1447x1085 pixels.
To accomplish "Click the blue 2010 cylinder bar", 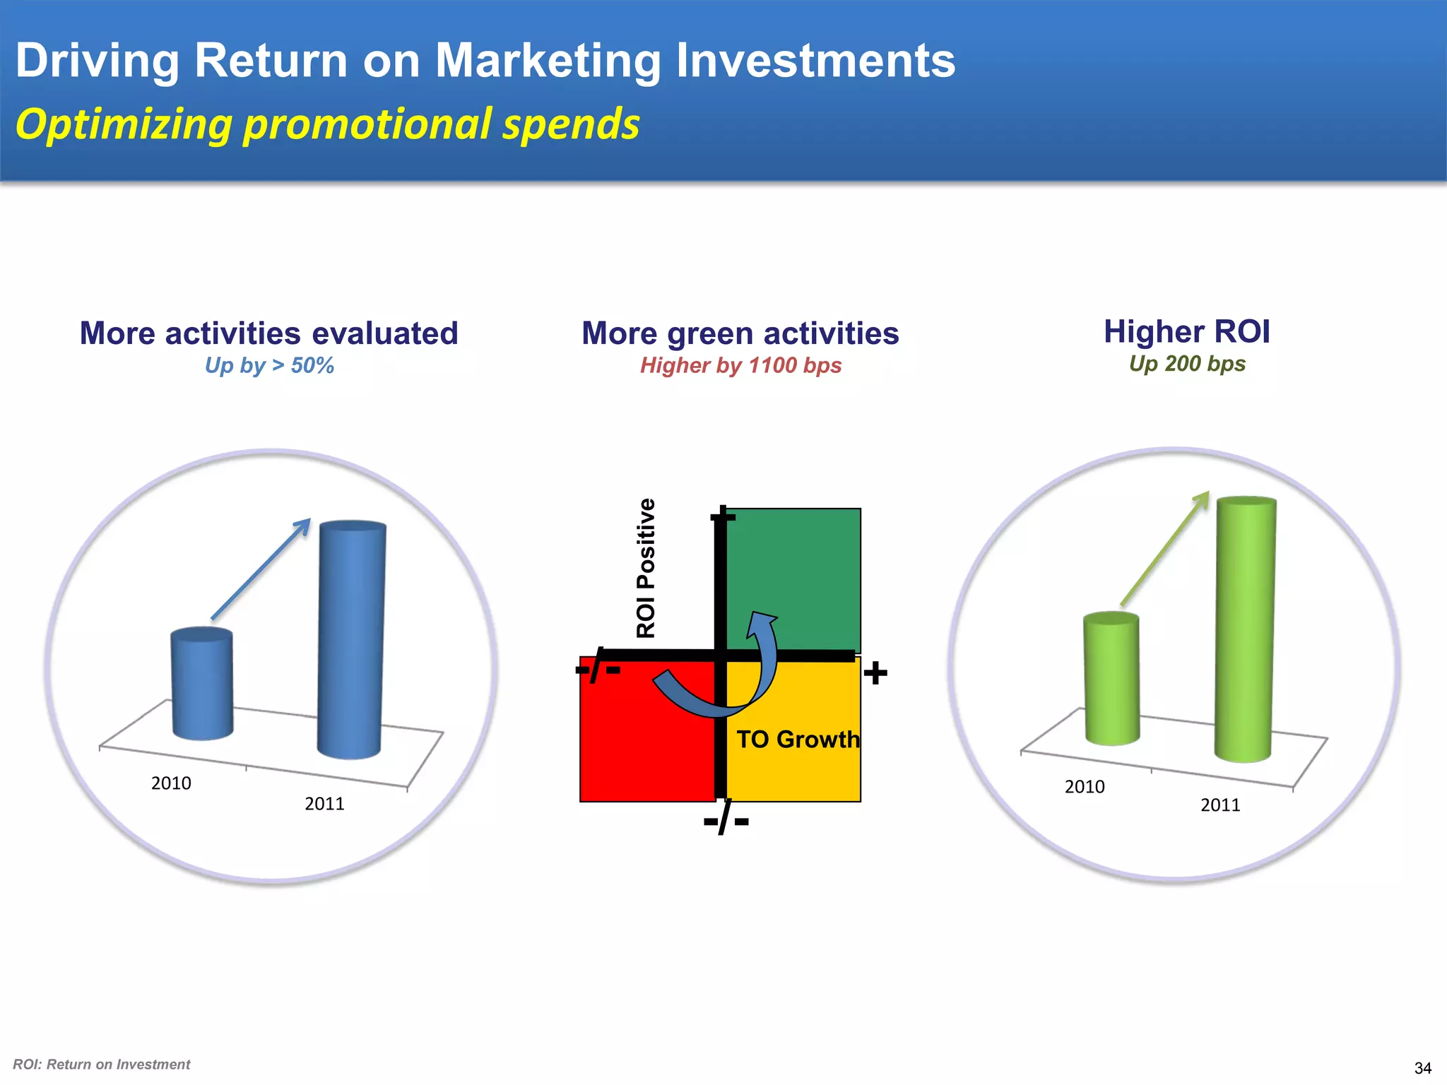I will pos(202,684).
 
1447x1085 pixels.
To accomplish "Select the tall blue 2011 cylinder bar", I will pos(350,639).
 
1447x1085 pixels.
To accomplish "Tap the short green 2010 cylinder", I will pos(1111,678).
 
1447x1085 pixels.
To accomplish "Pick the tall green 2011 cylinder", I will pos(1245,629).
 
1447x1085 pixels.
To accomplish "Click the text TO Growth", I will pos(798,740).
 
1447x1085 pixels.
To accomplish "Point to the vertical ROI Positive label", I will pos(646,569).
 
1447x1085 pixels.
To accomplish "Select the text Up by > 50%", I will pos(269,365).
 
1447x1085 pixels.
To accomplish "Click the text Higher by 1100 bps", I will pos(740,365).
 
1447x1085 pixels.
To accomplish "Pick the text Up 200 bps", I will pos(1187,364).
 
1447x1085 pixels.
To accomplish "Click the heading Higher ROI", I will pos(1187,331).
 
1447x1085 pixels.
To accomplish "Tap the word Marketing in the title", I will pos(547,61).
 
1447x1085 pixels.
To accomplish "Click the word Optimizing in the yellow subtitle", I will pos(124,124).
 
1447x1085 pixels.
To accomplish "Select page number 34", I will pos(1422,1068).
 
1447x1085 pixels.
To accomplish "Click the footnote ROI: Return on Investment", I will pos(102,1065).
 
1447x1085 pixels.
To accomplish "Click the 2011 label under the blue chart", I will pos(324,804).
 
